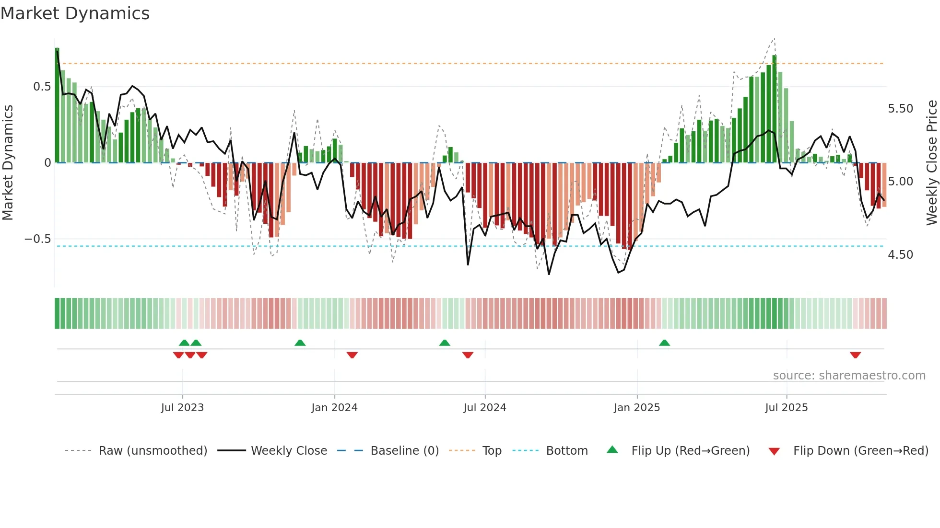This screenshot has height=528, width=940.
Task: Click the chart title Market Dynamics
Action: tap(75, 13)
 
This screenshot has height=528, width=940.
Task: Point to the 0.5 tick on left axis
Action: tap(42, 87)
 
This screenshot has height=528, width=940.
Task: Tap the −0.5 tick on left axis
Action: tap(38, 239)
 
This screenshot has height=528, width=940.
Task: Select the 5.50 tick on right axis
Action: tap(900, 109)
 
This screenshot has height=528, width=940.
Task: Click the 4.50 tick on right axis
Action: tap(900, 255)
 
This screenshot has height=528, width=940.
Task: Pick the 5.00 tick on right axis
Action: tap(900, 182)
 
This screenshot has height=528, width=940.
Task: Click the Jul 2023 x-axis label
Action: tap(182, 408)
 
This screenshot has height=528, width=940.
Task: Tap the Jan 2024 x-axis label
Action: tap(334, 408)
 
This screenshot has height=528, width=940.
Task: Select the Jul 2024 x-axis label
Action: tap(484, 408)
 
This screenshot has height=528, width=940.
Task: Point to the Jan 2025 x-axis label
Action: tap(636, 408)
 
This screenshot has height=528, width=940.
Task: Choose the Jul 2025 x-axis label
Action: tap(786, 408)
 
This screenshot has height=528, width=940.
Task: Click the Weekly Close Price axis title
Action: tap(931, 162)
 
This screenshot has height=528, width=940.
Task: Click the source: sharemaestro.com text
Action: tap(849, 376)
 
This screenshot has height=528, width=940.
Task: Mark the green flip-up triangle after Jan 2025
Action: tap(664, 343)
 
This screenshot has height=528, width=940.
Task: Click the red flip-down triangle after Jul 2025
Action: tap(855, 355)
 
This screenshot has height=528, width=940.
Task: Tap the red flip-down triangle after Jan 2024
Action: tap(352, 355)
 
